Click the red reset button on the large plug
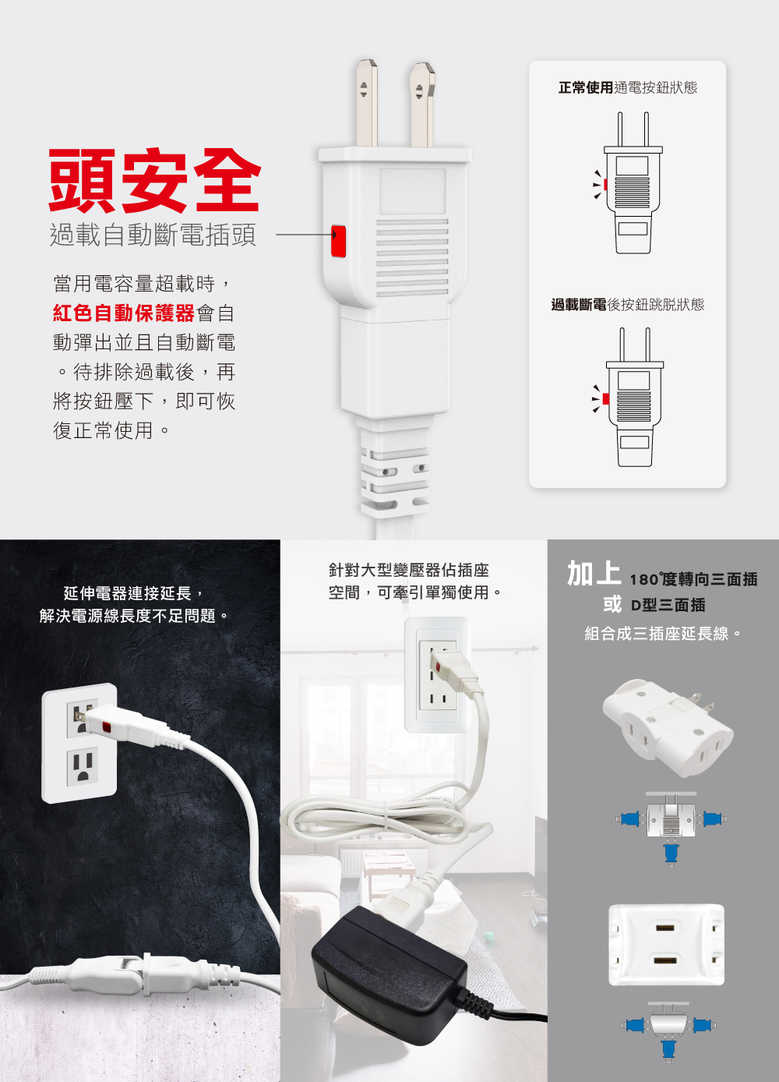click(x=338, y=241)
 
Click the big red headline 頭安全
click(x=154, y=181)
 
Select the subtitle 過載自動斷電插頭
click(x=153, y=235)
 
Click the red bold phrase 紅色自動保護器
click(x=124, y=313)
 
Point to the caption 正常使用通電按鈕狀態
click(x=627, y=87)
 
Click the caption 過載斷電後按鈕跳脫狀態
click(x=627, y=304)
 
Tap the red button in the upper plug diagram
click(x=605, y=184)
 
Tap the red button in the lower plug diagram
click(x=606, y=398)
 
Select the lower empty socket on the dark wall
click(x=83, y=766)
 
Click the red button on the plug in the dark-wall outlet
click(x=106, y=727)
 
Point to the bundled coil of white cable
click(x=386, y=816)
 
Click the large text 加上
click(x=594, y=574)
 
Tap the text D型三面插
click(x=668, y=605)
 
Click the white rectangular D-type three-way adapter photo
click(x=667, y=945)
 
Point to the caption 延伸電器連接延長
click(x=128, y=593)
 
